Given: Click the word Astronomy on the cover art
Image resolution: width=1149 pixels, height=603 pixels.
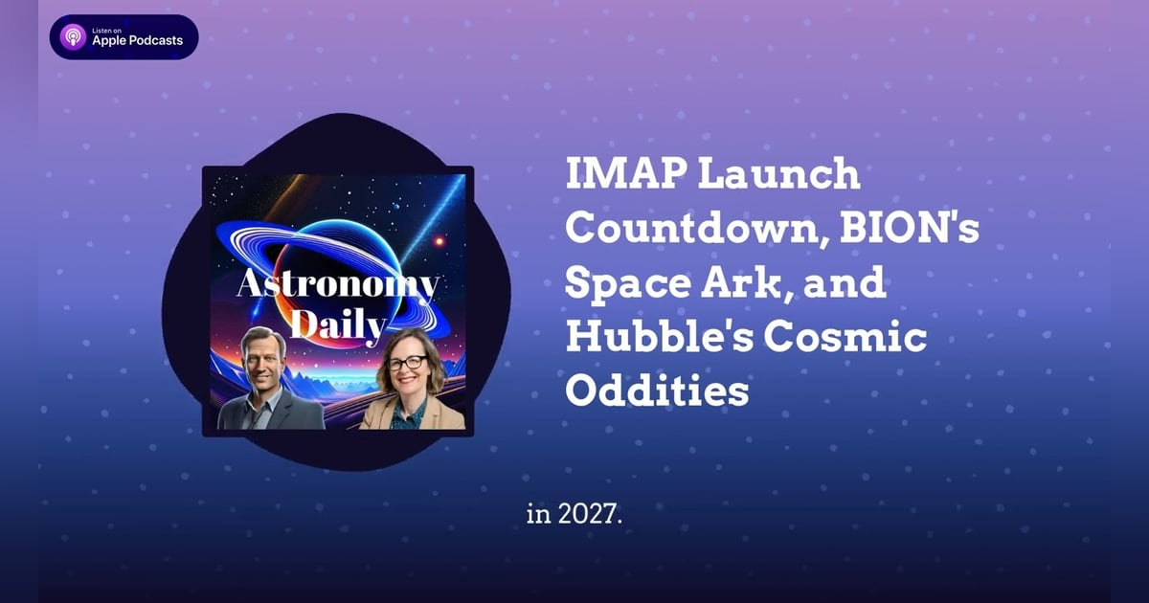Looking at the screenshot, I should (338, 285).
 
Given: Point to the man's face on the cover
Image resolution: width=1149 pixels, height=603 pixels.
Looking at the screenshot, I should (264, 355).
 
